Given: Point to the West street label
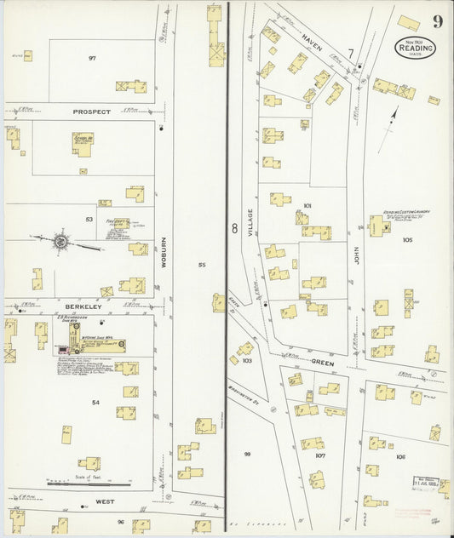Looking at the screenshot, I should (106, 502).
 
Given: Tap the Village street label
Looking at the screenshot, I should (251, 221).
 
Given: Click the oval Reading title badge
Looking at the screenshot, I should (415, 49).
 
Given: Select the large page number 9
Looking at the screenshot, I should (436, 21).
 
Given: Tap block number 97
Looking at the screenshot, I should (92, 59).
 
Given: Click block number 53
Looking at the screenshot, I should (88, 219).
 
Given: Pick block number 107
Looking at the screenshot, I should (319, 455).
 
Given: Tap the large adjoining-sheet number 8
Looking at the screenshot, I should (234, 227).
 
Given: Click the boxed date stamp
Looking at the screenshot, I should (426, 504).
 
